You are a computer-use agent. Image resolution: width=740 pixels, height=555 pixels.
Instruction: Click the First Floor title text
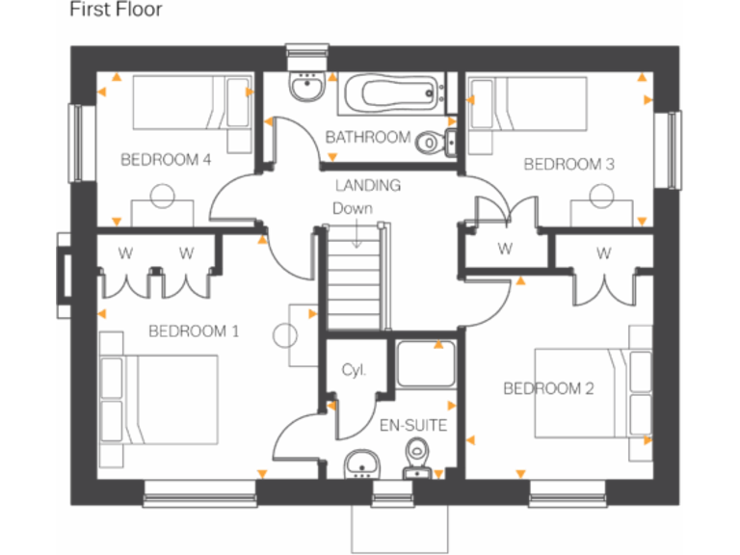coord(116,11)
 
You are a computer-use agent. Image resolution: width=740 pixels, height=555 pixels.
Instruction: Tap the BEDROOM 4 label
coord(166,160)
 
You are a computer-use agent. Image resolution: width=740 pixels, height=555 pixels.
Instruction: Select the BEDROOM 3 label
coord(568,165)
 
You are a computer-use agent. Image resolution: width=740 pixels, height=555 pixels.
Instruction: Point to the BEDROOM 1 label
coord(194,331)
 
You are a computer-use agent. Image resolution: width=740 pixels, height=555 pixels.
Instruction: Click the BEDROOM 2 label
coord(548,388)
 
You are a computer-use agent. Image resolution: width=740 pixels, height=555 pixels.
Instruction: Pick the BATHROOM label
coord(367,138)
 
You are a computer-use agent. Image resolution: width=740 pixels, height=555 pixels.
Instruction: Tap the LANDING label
coord(367,185)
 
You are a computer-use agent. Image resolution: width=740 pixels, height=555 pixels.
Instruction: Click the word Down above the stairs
coord(352,208)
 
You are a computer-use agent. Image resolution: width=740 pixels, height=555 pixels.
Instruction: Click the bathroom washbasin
coord(306,88)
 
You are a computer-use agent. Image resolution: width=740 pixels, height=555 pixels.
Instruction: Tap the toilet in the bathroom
coord(435,142)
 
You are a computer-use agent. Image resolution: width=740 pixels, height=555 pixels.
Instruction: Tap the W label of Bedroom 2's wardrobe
coord(604,254)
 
